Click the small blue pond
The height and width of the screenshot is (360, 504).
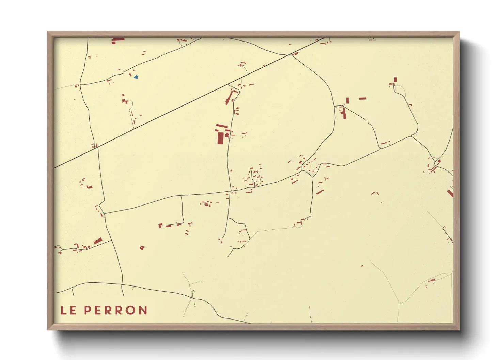[136, 77]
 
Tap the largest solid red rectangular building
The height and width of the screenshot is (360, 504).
[220, 138]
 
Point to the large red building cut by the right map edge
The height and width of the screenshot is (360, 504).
[450, 193]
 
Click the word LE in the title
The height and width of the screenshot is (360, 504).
[68, 310]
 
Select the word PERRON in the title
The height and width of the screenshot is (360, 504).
[115, 310]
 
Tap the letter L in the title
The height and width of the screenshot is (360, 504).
[64, 310]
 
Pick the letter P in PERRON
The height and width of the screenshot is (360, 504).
[88, 310]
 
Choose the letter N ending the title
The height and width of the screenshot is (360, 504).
[143, 310]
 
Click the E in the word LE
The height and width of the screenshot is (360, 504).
[73, 310]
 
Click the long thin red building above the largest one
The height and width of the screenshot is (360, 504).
[222, 126]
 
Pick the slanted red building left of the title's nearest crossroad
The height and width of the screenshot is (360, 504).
[98, 241]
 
